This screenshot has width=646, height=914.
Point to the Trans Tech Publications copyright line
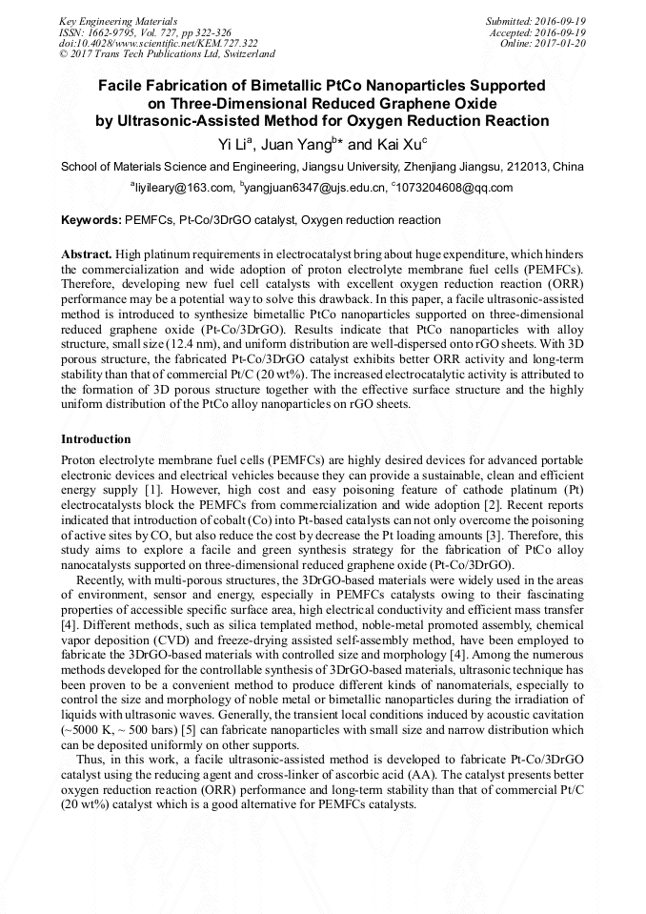point(167,54)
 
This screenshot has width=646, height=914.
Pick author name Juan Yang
point(293,144)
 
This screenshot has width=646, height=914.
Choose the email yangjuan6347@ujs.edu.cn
point(313,188)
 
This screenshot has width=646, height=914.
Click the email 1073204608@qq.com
point(454,188)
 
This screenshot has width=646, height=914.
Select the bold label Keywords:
point(91,220)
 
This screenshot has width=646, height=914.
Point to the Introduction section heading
point(96,439)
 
